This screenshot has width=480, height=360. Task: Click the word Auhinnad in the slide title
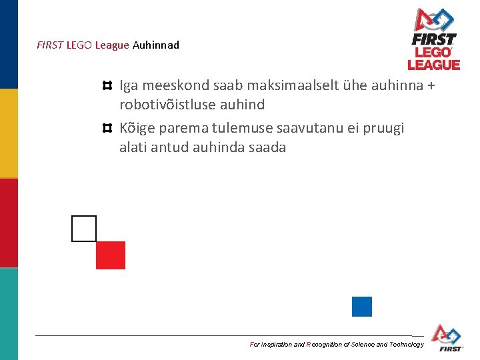pos(156,45)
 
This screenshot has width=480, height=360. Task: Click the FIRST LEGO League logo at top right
pos(434,39)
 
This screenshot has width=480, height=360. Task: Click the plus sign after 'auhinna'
pos(430,85)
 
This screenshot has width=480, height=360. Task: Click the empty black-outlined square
pos(84,229)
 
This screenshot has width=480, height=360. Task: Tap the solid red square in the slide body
pos(111,255)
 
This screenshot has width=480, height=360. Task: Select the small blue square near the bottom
pos(362,307)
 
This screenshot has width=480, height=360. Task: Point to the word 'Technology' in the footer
pos(406,345)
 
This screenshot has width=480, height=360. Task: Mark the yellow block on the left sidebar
pos(9,133)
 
